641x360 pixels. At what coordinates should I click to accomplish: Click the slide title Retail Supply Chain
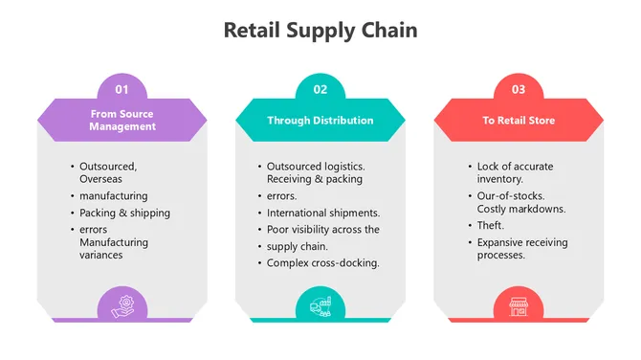pyautogui.click(x=320, y=30)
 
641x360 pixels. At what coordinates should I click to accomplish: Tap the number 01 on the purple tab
pyautogui.click(x=122, y=89)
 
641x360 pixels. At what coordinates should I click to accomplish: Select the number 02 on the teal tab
pyautogui.click(x=320, y=89)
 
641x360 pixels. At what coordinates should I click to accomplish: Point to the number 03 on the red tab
pyautogui.click(x=519, y=89)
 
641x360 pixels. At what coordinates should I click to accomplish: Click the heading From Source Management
pyautogui.click(x=122, y=120)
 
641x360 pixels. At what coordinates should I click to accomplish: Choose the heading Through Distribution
pyautogui.click(x=320, y=121)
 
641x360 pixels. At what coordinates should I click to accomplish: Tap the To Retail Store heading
pyautogui.click(x=519, y=121)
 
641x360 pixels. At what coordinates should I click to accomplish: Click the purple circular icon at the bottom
pyautogui.click(x=122, y=306)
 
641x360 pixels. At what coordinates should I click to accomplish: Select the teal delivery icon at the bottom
pyautogui.click(x=320, y=306)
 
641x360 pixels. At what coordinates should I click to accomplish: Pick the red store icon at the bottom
pyautogui.click(x=519, y=306)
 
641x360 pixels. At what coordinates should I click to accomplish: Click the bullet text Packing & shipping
pyautogui.click(x=125, y=213)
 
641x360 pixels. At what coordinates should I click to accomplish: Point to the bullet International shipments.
pyautogui.click(x=323, y=213)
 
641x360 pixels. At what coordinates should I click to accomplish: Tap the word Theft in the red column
pyautogui.click(x=490, y=225)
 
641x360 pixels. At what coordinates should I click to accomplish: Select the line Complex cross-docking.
pyautogui.click(x=323, y=262)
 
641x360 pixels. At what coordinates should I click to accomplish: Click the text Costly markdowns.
pyautogui.click(x=520, y=208)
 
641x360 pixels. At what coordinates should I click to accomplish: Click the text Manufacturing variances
pyautogui.click(x=115, y=249)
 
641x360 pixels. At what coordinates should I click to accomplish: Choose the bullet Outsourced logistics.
pyautogui.click(x=315, y=166)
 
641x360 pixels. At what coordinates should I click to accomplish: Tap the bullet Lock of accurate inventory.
pyautogui.click(x=515, y=172)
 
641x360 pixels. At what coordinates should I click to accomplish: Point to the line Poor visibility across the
pyautogui.click(x=323, y=230)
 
